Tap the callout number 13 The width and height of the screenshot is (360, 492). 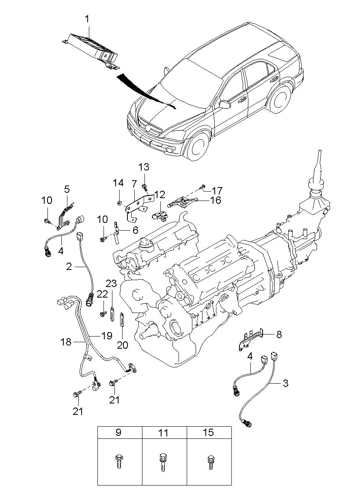(144, 167)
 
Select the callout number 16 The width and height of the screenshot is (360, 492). (216, 200)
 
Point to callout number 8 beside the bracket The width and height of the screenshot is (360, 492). (279, 334)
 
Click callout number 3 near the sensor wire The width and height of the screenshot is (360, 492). (286, 383)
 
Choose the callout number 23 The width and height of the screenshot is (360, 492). (111, 283)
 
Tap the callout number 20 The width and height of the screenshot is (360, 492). (122, 345)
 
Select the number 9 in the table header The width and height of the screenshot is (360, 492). (119, 433)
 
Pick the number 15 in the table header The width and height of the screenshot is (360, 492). (209, 433)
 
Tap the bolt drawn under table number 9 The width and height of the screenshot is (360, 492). (119, 462)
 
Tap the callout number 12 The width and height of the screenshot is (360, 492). (160, 194)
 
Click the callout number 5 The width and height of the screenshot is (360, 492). (67, 189)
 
